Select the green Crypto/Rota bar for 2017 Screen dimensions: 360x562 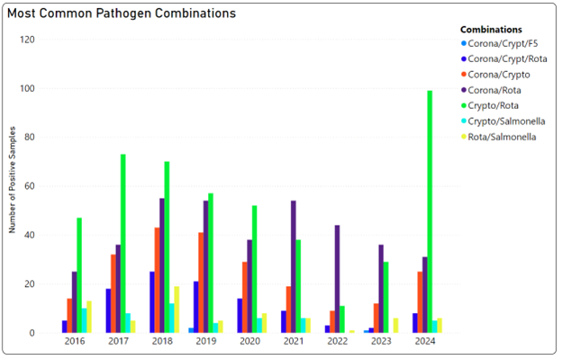(122, 243)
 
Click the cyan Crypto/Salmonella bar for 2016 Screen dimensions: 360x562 (86, 320)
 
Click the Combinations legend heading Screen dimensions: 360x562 (492, 29)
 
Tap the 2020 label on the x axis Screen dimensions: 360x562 (250, 342)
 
